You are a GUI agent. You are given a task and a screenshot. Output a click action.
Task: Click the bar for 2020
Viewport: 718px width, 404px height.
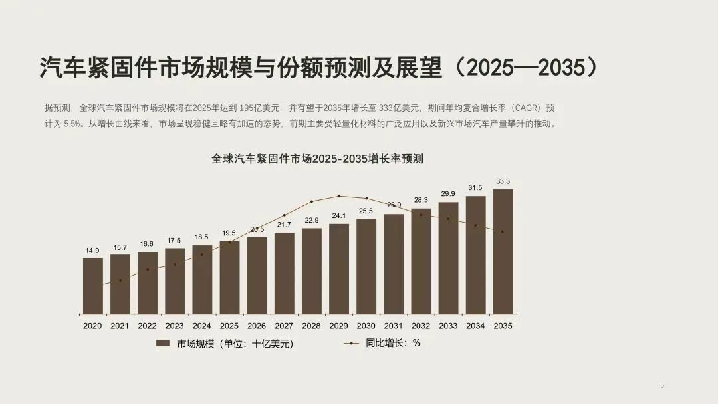[x=92, y=286]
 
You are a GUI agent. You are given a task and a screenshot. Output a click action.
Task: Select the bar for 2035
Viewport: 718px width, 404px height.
[x=503, y=252]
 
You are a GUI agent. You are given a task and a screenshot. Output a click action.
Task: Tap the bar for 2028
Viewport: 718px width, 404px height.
[x=311, y=271]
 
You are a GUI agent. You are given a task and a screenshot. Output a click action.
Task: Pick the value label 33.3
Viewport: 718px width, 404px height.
[x=503, y=181]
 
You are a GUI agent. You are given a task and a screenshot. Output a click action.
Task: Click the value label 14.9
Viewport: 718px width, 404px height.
[x=92, y=251]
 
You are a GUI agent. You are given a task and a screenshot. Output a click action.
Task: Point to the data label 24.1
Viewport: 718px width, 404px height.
[x=338, y=216]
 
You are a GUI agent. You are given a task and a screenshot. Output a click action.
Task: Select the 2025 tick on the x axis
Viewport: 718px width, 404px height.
[x=229, y=326]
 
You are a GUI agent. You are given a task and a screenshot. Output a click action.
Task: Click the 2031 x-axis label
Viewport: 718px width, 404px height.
[x=393, y=326]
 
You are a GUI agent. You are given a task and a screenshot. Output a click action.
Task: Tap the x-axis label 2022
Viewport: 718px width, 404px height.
[x=147, y=326]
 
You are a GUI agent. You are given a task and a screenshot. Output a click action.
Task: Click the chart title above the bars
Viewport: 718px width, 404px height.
[x=317, y=159]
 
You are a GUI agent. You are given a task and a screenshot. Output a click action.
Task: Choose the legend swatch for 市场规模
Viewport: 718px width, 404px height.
[x=164, y=344]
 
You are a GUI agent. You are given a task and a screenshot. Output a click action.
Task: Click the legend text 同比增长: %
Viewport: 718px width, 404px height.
[x=393, y=343]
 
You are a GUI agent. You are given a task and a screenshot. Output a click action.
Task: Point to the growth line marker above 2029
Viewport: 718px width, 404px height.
[x=339, y=196]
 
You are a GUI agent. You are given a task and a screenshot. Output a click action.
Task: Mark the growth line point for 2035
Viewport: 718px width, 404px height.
[x=503, y=232]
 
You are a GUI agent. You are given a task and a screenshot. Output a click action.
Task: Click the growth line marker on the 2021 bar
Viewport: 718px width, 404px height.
[x=120, y=280]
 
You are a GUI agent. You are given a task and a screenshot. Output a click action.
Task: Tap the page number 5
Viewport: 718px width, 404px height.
[x=662, y=385]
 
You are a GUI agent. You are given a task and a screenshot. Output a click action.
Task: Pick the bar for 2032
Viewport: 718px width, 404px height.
[x=420, y=261]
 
